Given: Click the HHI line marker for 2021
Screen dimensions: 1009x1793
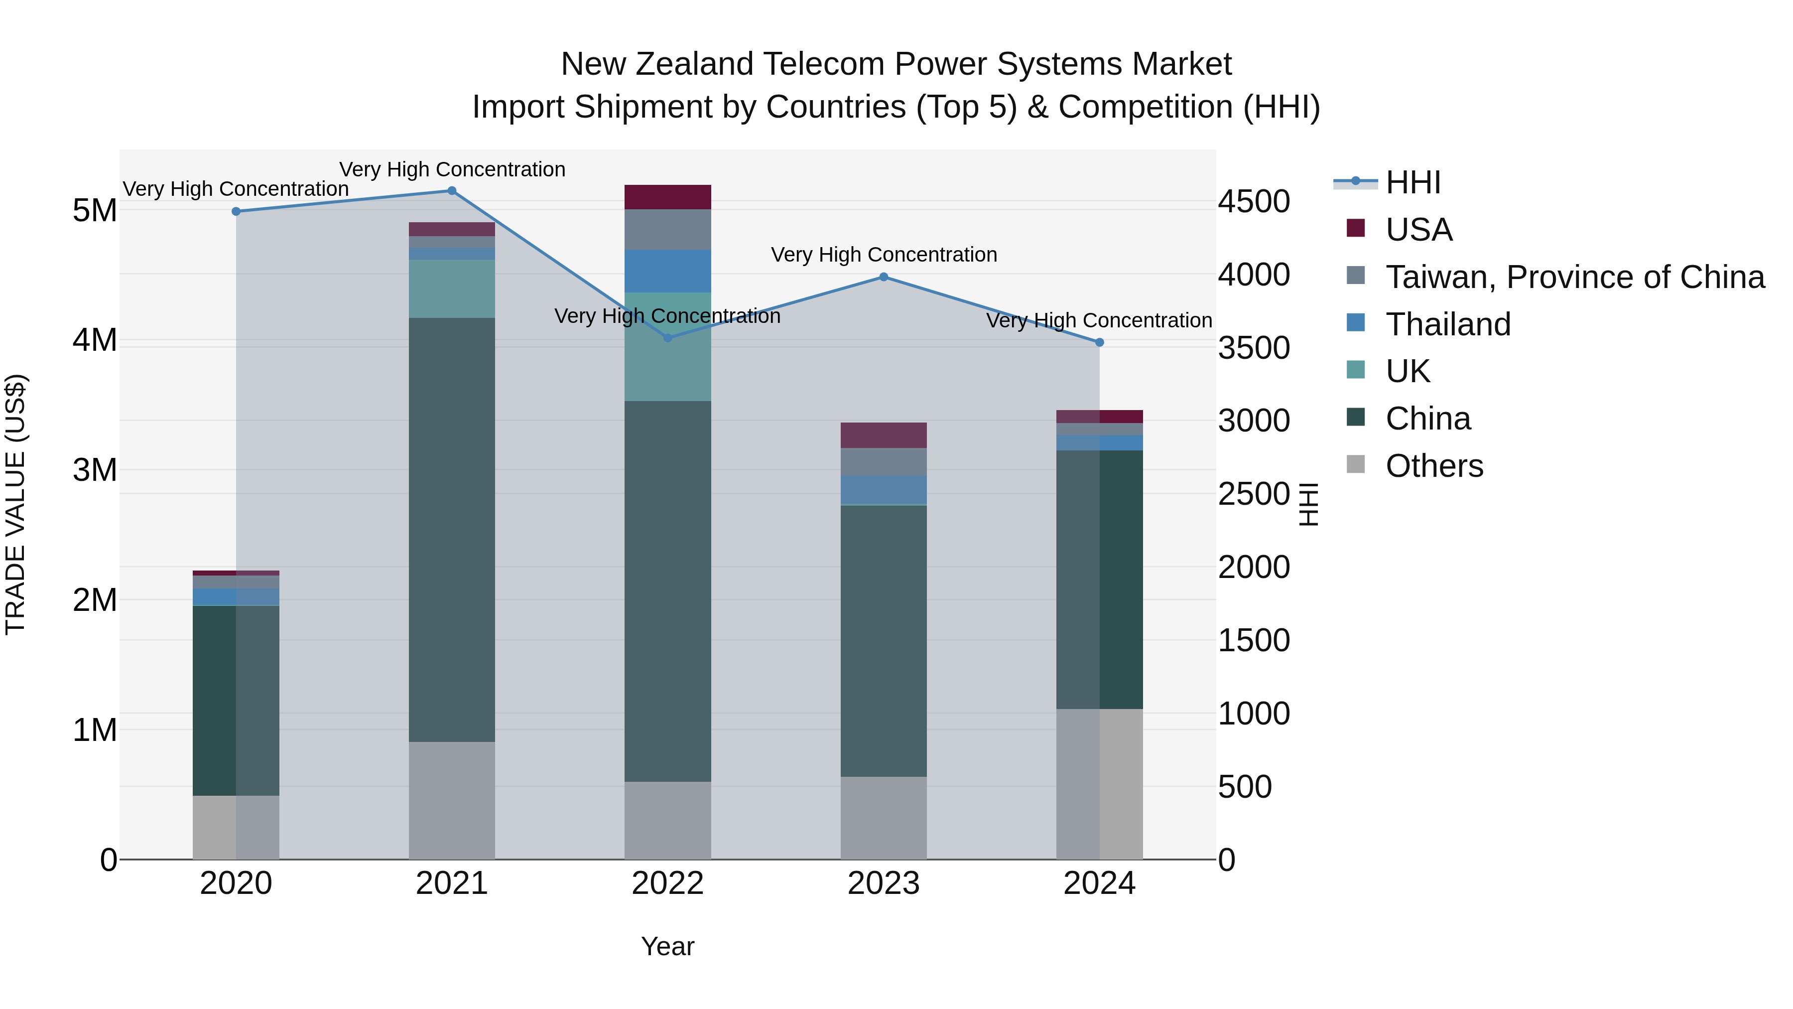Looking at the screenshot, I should (x=451, y=191).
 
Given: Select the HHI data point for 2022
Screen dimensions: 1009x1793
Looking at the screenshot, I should (x=667, y=338).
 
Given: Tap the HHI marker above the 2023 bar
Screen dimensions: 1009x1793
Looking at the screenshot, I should (x=883, y=277).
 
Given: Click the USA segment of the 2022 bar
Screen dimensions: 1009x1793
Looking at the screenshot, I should (x=667, y=197).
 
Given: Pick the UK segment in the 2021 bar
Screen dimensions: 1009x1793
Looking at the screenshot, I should (x=451, y=288).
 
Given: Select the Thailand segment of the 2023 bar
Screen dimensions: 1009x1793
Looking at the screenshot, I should (x=883, y=489).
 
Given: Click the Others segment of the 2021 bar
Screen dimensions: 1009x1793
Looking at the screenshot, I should (x=451, y=800).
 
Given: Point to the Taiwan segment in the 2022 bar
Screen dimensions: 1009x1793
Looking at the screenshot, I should (x=667, y=230).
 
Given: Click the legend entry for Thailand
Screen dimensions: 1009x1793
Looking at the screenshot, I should (x=1448, y=324).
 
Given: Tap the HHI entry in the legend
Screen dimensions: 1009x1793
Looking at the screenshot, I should (x=1412, y=182).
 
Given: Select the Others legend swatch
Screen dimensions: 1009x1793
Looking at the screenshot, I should (x=1355, y=464).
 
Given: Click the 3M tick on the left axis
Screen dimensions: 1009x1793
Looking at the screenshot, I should (x=95, y=470).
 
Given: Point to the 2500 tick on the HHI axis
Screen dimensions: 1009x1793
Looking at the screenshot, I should (x=1254, y=494).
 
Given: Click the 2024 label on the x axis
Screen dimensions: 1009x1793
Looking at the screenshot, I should (x=1099, y=883).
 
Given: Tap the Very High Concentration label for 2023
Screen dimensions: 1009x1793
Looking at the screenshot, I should (x=883, y=255).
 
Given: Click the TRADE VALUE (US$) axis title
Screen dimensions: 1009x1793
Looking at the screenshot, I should (x=15, y=504).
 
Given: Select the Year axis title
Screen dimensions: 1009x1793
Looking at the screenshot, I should (x=667, y=946).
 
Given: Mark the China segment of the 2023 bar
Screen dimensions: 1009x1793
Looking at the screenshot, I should (x=883, y=641).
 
